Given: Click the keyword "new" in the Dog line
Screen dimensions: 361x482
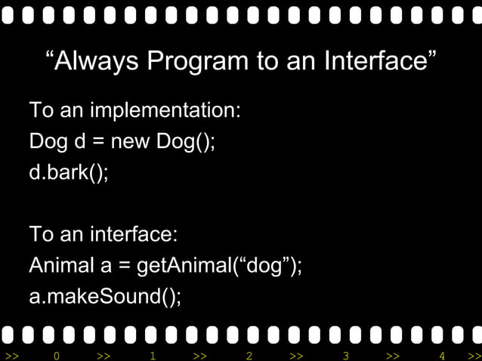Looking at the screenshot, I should (131, 142).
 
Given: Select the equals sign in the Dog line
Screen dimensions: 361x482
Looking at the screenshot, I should (98, 142).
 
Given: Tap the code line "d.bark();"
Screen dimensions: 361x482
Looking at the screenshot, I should (69, 172).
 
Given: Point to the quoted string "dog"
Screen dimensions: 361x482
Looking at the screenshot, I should (267, 266).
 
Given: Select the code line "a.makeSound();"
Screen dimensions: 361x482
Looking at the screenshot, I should (105, 297).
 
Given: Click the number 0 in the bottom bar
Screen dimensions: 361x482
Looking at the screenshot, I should (56, 355).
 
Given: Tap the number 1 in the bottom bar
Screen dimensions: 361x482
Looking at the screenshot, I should (153, 355).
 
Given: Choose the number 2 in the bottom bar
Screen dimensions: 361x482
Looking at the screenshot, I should (249, 355).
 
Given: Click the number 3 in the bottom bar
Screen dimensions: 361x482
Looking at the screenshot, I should (345, 355).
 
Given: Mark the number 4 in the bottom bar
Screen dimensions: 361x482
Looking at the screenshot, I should (442, 355).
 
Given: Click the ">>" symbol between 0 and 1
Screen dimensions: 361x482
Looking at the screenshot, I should (104, 355).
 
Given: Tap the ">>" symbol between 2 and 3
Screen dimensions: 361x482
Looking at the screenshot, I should (297, 355).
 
